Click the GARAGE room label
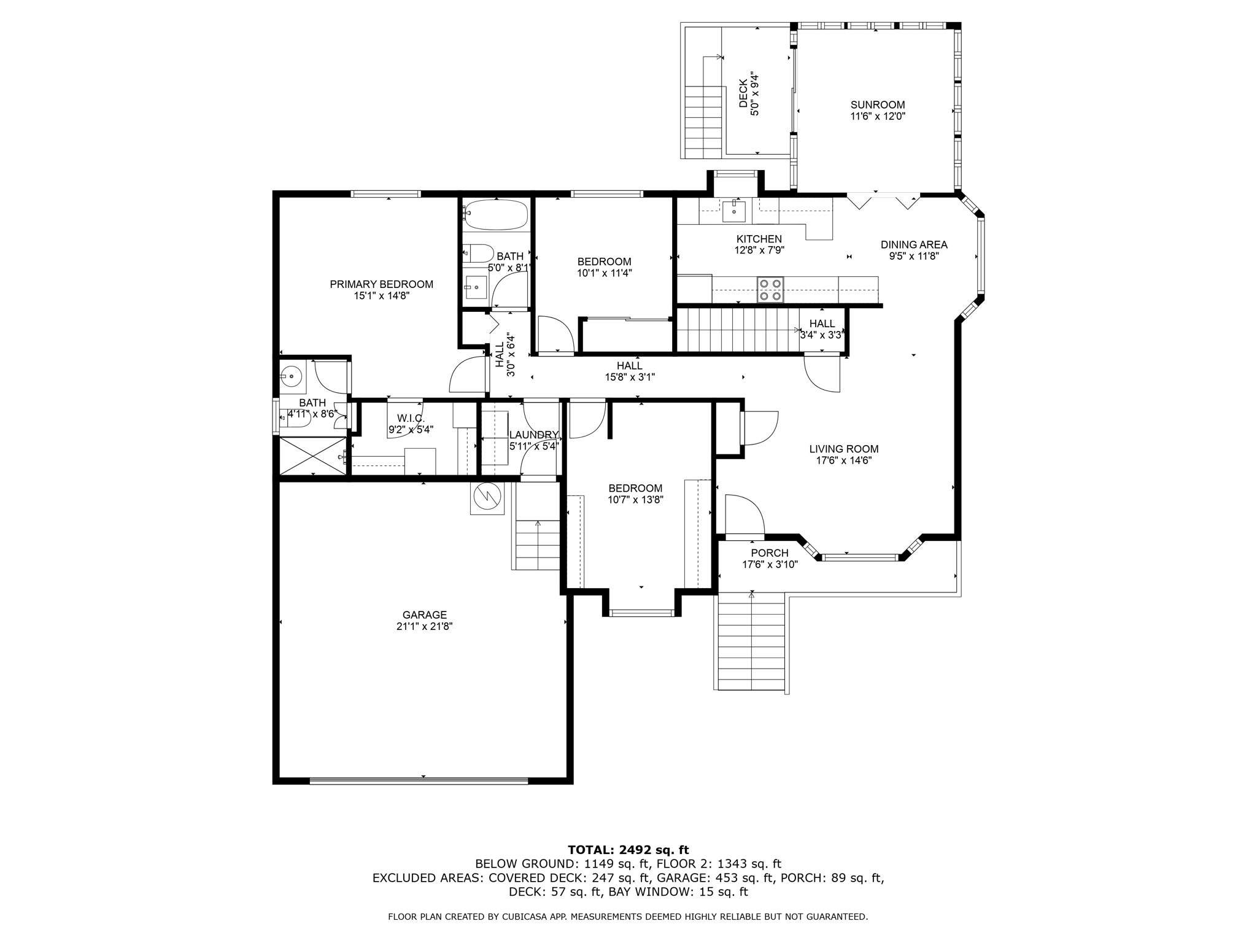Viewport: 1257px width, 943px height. tap(425, 615)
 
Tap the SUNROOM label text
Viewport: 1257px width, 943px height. tap(878, 105)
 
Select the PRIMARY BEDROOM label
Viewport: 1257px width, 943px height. tap(382, 284)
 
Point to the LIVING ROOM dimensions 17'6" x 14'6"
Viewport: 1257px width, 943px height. tap(844, 460)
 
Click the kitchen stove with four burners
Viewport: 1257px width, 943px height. tap(770, 290)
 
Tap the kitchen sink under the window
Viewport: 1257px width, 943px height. tap(734, 210)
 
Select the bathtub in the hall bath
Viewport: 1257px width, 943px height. tap(495, 214)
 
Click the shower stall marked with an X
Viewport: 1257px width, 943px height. tap(313, 456)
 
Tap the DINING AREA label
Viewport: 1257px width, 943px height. tap(914, 245)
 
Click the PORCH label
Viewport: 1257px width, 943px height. tap(770, 553)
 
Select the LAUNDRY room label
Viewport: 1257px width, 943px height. tap(534, 435)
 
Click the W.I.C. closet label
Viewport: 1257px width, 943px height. tap(411, 418)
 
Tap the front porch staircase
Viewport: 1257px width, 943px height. tap(752, 642)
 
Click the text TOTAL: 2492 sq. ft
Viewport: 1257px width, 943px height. tap(628, 850)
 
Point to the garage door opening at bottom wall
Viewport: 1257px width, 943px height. tap(419, 781)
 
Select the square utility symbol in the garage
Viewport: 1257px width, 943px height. tap(487, 497)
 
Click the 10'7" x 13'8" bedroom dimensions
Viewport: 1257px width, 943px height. tap(635, 500)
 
